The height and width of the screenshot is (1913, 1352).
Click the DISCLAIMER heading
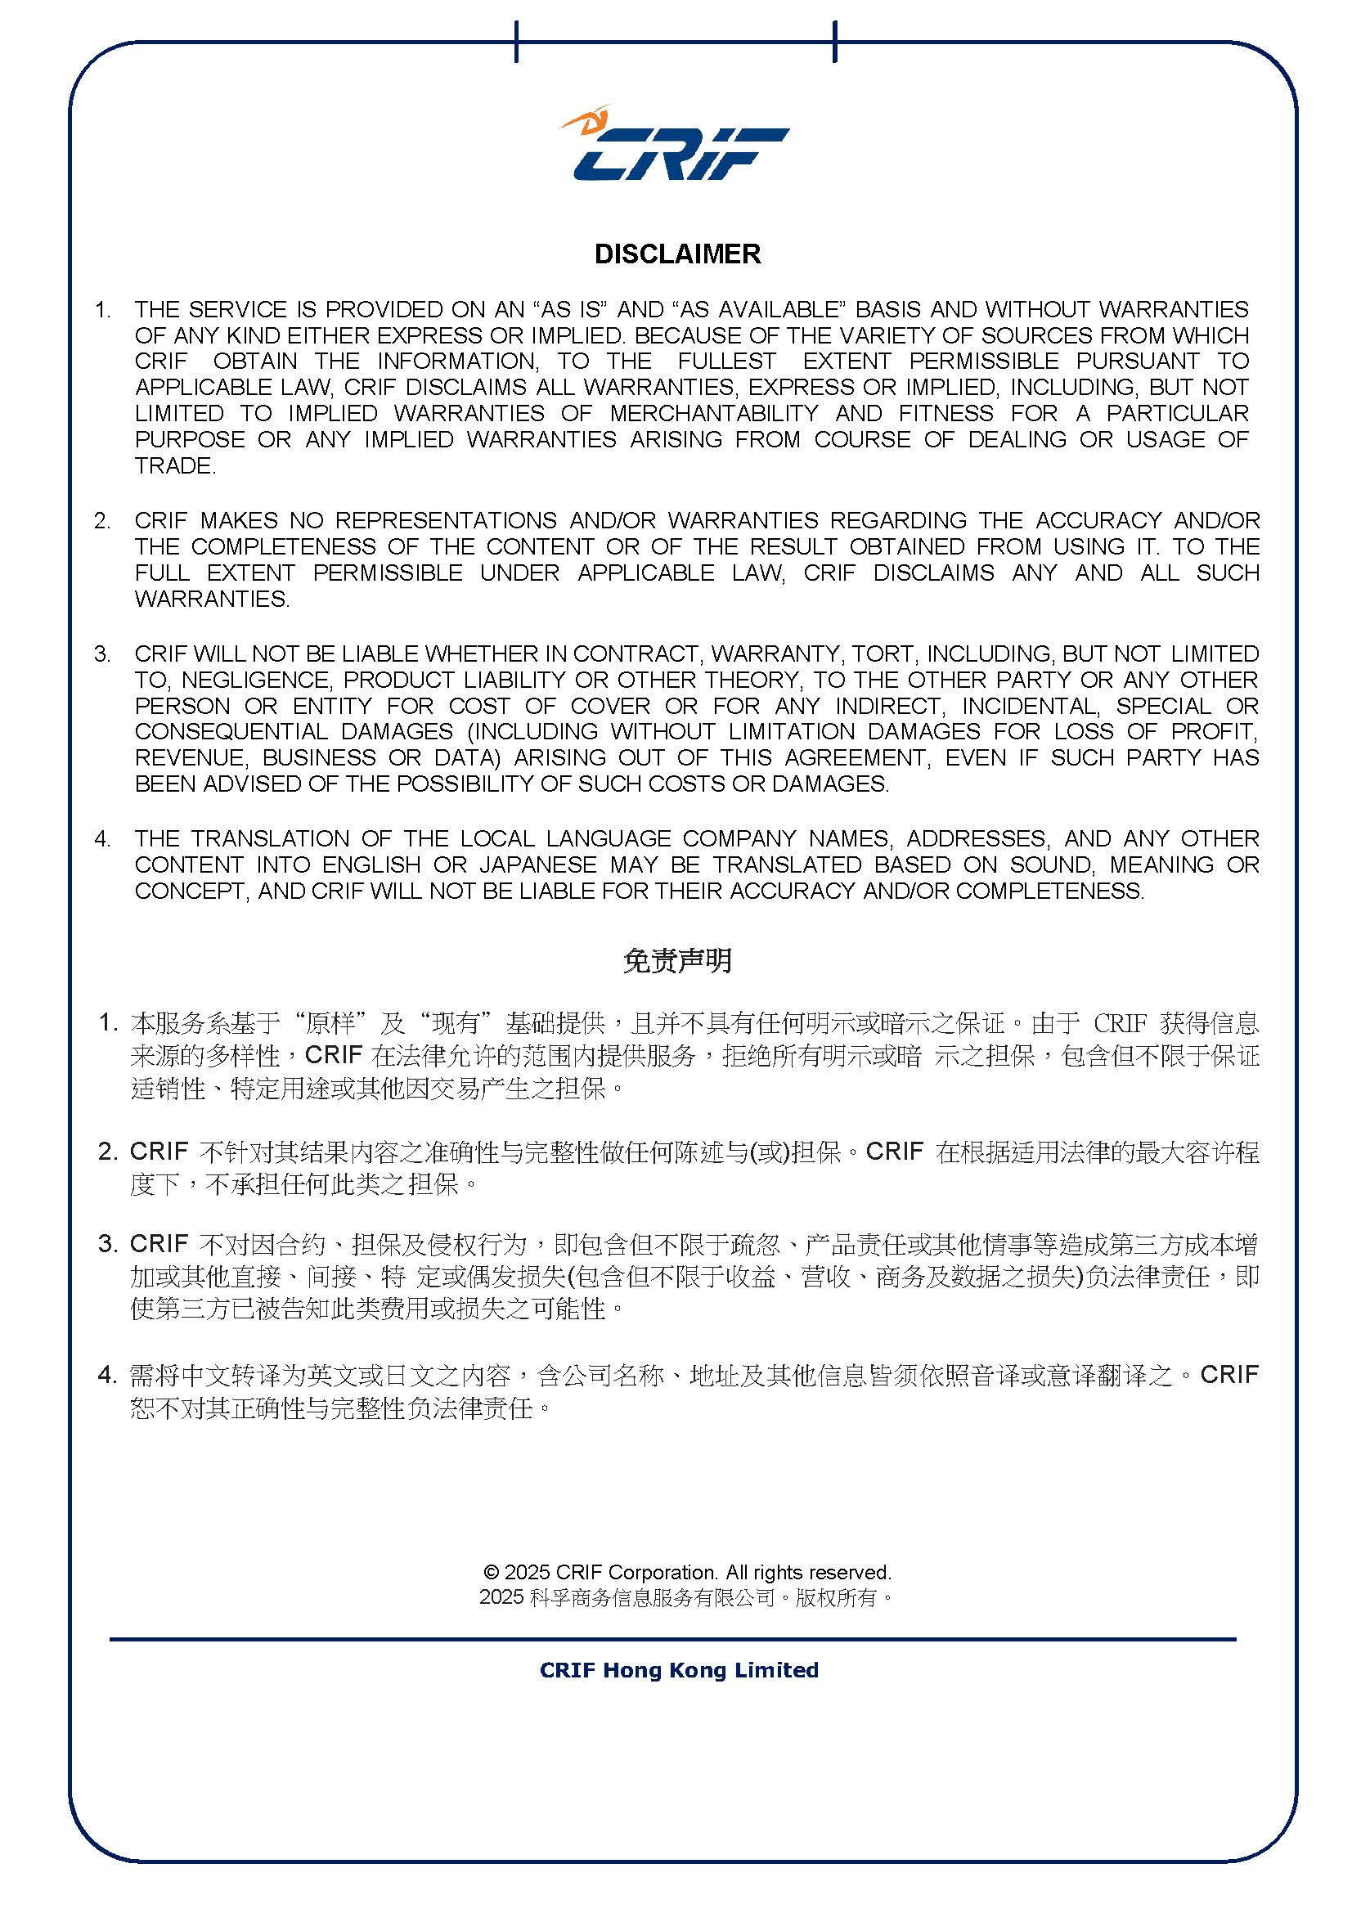[x=677, y=254]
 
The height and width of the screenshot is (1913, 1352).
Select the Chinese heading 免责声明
[x=677, y=961]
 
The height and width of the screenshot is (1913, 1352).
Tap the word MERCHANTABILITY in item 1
[x=714, y=413]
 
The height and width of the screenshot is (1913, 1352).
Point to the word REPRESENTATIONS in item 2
[x=446, y=520]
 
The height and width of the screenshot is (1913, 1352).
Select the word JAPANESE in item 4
[x=538, y=864]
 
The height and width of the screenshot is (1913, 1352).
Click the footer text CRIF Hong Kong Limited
[x=679, y=1670]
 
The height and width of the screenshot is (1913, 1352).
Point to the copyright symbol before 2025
[x=491, y=1572]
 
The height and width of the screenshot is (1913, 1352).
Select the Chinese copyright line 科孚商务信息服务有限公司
[x=652, y=1597]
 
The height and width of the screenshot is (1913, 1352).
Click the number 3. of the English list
[x=102, y=654]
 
